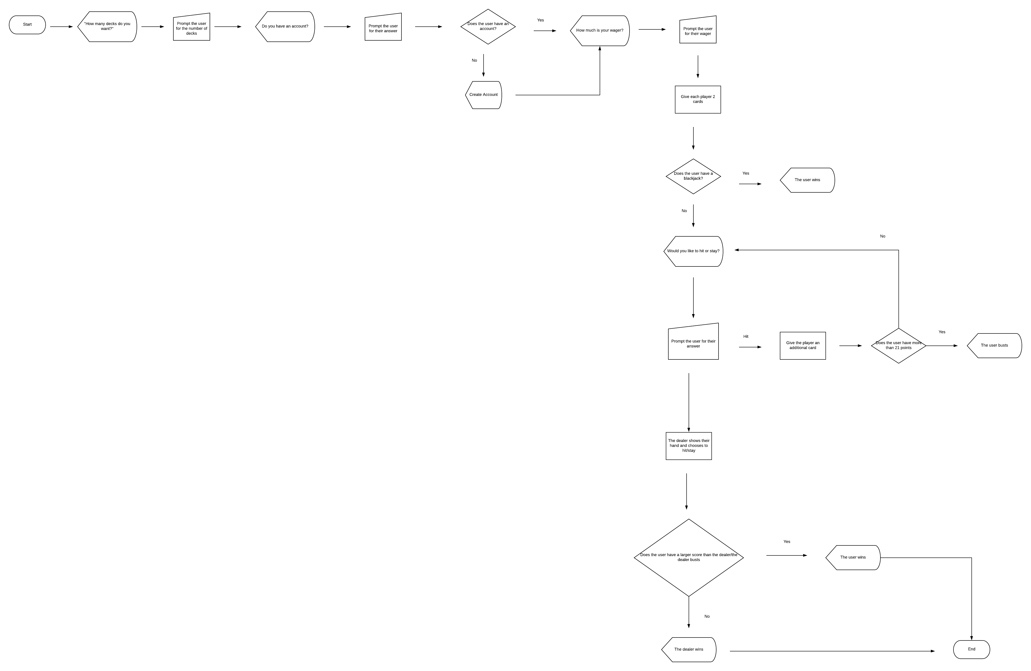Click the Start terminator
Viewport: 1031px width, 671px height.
[x=27, y=25]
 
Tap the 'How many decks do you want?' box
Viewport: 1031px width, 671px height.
[x=107, y=26]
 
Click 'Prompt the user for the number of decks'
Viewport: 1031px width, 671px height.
[x=191, y=28]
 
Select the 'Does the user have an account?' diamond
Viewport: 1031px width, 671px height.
[x=488, y=26]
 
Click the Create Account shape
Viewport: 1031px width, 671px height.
[x=483, y=95]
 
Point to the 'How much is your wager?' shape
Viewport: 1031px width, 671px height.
[x=599, y=31]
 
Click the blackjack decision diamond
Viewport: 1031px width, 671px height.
[x=693, y=176]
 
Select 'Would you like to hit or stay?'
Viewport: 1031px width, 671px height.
[x=693, y=251]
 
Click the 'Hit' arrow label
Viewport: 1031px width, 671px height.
[x=745, y=336]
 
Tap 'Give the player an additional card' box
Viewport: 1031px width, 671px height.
[x=803, y=346]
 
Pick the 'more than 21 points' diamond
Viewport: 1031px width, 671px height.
[x=898, y=346]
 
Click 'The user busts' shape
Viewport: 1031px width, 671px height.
[x=994, y=346]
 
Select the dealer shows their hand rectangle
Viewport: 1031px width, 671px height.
[x=689, y=446]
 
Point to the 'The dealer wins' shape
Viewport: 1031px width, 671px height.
[x=689, y=649]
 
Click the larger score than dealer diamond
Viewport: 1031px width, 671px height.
[x=689, y=557]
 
